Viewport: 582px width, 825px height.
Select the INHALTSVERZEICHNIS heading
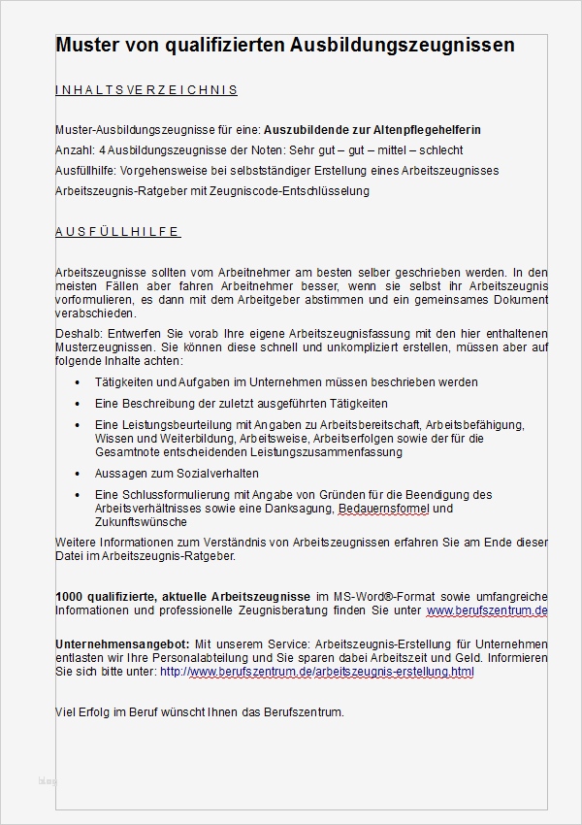click(x=146, y=90)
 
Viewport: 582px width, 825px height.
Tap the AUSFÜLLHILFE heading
click(x=117, y=232)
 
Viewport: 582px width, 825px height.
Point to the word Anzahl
click(x=74, y=149)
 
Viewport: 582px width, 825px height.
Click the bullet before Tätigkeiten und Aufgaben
click(x=78, y=383)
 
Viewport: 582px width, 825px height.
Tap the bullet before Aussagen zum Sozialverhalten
click(x=78, y=473)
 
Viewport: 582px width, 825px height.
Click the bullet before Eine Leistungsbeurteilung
click(x=78, y=425)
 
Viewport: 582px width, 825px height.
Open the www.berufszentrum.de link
click(x=487, y=610)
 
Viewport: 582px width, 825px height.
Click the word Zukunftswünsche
click(x=137, y=521)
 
